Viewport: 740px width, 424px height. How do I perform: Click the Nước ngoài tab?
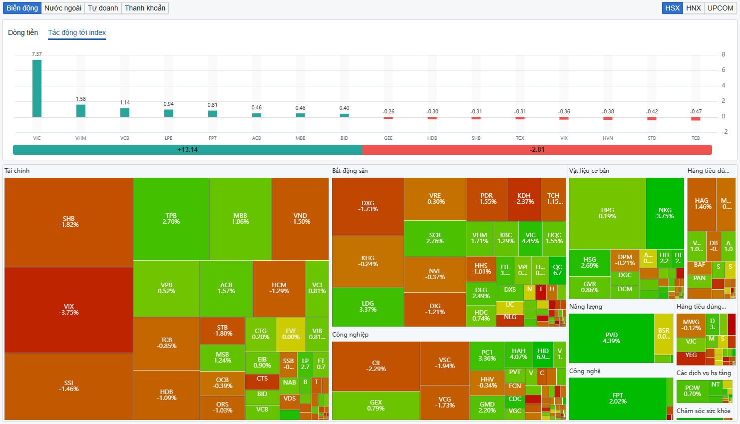[x=63, y=8]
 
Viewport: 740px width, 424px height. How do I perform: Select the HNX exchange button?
[x=694, y=8]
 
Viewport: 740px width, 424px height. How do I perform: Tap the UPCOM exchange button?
[x=720, y=8]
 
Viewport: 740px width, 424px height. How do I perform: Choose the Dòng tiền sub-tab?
[x=23, y=32]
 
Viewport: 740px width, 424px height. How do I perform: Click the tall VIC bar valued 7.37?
[x=37, y=88]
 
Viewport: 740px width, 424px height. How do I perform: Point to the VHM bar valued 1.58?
[x=81, y=111]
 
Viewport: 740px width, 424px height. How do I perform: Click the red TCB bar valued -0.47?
[x=696, y=118]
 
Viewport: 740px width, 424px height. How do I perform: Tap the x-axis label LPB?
[x=169, y=138]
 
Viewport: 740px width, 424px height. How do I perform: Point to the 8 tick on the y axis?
[x=723, y=54]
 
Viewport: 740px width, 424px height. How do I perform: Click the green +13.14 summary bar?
[x=188, y=149]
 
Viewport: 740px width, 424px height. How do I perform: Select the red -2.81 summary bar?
[x=537, y=149]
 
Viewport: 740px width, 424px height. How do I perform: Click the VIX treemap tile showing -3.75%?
[x=69, y=310]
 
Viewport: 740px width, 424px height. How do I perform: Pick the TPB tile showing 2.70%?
[x=171, y=219]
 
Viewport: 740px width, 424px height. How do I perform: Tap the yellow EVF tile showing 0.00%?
[x=291, y=334]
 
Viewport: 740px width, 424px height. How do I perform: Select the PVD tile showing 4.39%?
[x=611, y=338]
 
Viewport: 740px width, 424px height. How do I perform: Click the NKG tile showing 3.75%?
[x=665, y=213]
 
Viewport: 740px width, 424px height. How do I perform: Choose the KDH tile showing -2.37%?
[x=524, y=199]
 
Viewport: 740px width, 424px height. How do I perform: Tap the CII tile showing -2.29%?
[x=375, y=366]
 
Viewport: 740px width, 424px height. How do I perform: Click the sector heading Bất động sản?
[x=350, y=171]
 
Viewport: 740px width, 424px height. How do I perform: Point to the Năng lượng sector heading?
[x=586, y=307]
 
